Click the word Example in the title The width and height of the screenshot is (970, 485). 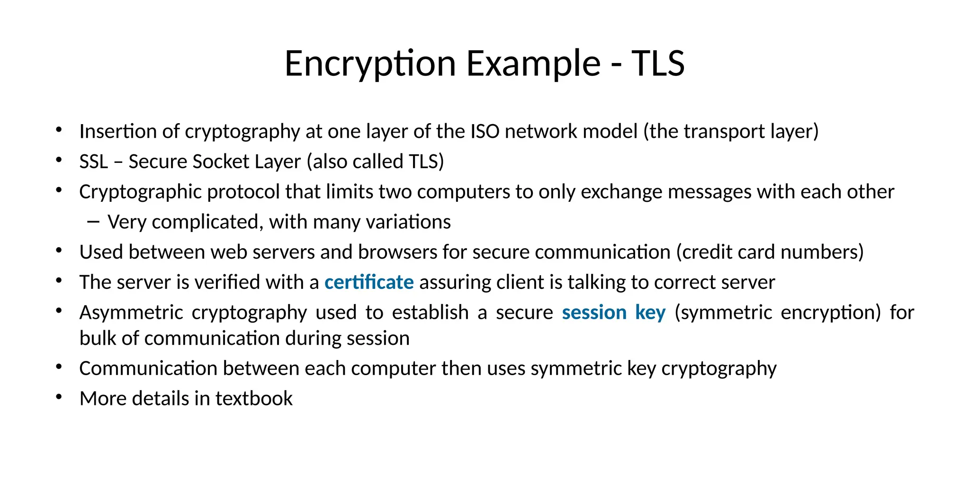pos(533,63)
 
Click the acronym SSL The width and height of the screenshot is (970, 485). pos(94,162)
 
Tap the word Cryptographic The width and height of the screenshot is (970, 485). pos(140,192)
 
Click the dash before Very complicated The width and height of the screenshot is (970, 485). pos(93,222)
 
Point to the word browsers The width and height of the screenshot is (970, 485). pos(397,252)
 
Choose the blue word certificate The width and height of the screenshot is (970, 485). pos(369,283)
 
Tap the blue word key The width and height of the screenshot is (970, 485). pos(650,313)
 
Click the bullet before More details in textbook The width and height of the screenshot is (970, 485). pos(59,397)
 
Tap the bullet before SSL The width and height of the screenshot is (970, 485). pos(59,160)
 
